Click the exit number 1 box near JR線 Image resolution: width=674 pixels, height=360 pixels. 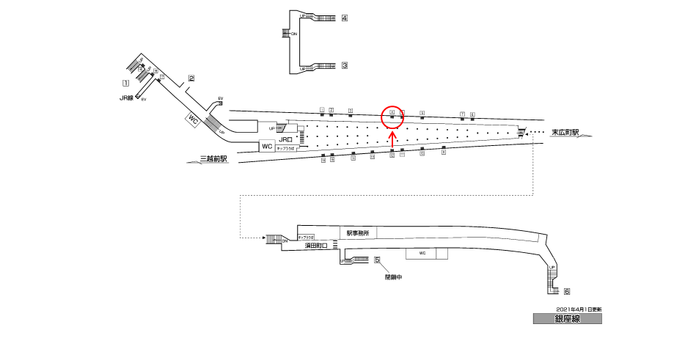(126, 83)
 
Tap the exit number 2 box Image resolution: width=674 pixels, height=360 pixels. (191, 78)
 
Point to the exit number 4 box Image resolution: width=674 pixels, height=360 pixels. (344, 18)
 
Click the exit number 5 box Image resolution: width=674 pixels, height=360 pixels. (377, 260)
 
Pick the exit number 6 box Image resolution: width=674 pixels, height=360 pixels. (566, 291)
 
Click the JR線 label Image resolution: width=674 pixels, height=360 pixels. (127, 98)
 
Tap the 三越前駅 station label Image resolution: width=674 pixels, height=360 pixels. (213, 158)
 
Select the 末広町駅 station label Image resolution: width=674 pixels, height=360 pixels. (565, 133)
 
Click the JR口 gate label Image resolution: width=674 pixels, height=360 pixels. (285, 139)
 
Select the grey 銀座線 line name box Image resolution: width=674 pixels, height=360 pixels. (568, 319)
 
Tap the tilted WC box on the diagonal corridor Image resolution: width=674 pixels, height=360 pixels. (194, 119)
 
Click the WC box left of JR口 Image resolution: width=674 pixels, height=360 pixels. (268, 147)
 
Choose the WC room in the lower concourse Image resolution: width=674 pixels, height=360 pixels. (422, 253)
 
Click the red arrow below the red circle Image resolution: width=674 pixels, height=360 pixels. (392, 136)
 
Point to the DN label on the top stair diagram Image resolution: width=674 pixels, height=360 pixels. (294, 34)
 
